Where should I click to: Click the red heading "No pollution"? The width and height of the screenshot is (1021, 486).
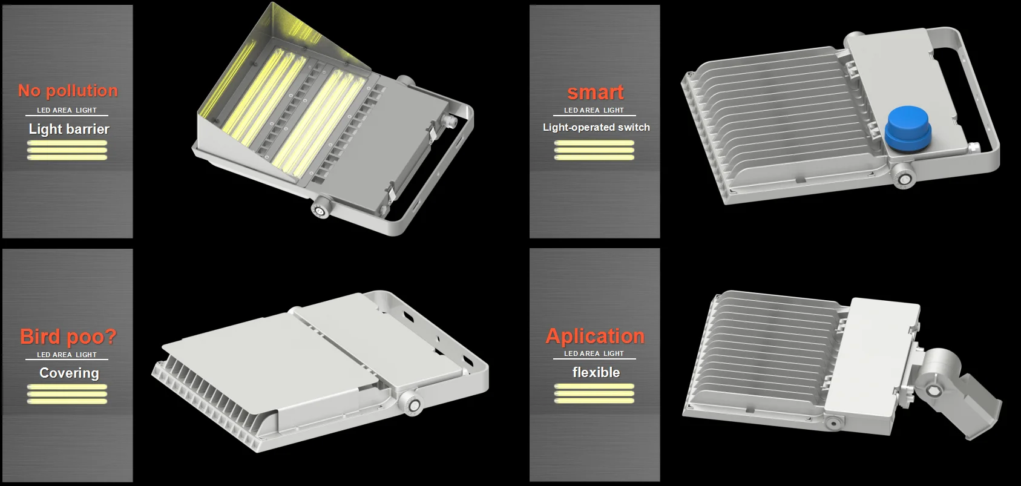[68, 91]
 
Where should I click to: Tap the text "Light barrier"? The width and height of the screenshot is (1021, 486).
[69, 129]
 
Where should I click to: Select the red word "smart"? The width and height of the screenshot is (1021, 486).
[595, 93]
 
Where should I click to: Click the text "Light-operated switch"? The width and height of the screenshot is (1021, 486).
[596, 127]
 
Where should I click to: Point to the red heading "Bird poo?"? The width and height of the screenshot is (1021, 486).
[68, 337]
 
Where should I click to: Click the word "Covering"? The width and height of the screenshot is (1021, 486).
[69, 373]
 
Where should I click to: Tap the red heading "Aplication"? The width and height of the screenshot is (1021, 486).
[595, 337]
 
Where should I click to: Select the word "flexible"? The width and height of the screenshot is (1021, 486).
[596, 372]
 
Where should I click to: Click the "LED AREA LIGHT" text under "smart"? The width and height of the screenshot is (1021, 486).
[594, 110]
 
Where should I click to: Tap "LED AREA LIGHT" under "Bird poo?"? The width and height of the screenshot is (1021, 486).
[67, 355]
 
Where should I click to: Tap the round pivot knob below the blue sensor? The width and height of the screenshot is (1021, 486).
[904, 179]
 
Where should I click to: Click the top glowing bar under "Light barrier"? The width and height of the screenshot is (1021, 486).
[67, 143]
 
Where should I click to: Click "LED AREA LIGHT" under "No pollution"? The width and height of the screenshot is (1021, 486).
[67, 110]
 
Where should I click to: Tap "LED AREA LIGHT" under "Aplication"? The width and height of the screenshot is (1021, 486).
[594, 353]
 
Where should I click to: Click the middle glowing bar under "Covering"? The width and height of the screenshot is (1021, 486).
[67, 394]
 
